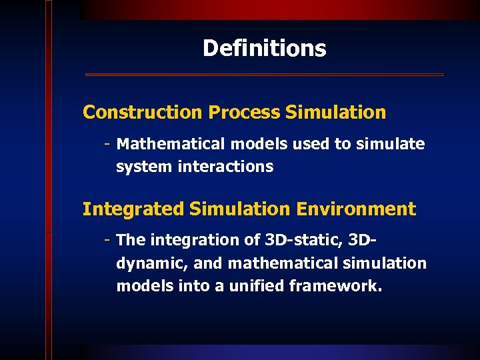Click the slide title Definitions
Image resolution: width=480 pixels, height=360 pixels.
[264, 48]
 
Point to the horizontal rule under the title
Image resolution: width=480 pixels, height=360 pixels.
[264, 75]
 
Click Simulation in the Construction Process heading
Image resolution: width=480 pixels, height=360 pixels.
[335, 113]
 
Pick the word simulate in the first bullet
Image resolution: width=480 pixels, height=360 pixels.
[391, 144]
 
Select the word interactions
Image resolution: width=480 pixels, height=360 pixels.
[225, 167]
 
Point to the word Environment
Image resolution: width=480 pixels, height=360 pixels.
[356, 209]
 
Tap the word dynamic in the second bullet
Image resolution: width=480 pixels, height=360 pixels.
[151, 263]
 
